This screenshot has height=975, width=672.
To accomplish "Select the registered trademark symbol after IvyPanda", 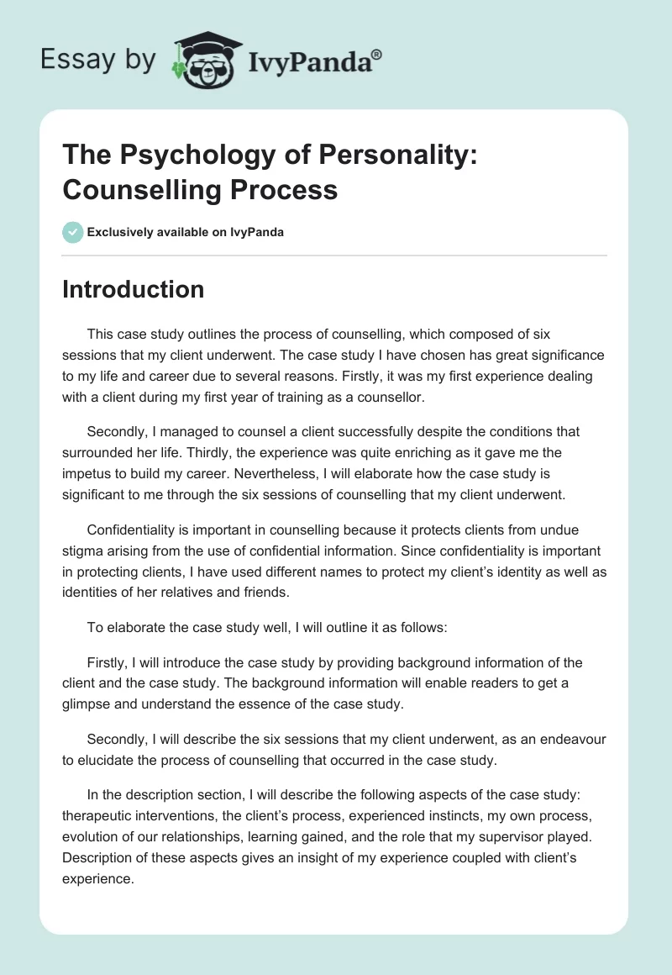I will pos(376,54).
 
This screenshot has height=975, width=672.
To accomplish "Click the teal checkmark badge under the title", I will pos(72,232).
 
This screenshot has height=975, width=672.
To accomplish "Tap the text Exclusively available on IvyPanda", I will pos(186,232).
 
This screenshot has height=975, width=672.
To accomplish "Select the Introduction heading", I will pos(133,289).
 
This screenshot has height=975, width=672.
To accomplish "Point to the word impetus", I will pos(91,474).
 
